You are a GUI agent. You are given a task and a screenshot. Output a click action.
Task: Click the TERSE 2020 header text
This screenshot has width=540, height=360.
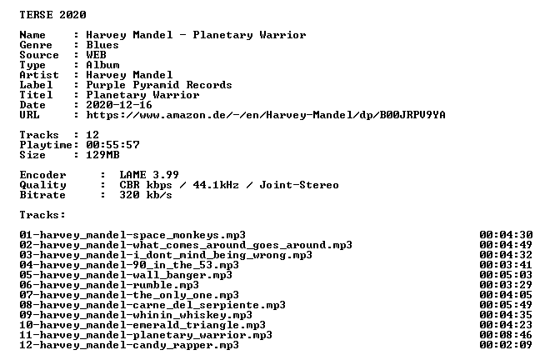coord(52,15)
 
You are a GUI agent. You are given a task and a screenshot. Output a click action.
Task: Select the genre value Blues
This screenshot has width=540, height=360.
coord(102,45)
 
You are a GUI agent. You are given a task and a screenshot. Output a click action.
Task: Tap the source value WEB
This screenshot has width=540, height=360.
coord(96,55)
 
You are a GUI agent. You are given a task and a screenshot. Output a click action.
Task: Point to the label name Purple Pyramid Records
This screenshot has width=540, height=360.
coord(159,85)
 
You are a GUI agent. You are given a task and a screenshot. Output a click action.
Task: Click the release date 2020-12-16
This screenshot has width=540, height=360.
coord(119,105)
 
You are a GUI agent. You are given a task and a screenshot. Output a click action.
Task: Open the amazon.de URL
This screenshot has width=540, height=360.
coord(266,115)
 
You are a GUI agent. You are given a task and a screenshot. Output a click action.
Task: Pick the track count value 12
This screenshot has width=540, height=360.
coord(92,135)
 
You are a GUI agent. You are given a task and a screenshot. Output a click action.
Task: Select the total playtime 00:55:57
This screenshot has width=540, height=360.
coord(112,145)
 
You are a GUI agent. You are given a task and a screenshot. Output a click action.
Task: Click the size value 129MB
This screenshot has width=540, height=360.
coord(102,155)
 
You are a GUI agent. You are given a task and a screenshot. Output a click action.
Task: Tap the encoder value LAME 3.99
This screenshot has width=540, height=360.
coord(149,175)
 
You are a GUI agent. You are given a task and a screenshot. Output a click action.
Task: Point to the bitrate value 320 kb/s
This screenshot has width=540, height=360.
coord(146,195)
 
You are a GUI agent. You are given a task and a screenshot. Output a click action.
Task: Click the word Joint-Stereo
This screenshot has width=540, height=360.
coord(299,185)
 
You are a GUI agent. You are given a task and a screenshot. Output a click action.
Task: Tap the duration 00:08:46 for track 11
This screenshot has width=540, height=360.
coord(506,335)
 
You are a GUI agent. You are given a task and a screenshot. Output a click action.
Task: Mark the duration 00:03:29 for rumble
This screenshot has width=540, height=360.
coord(506,285)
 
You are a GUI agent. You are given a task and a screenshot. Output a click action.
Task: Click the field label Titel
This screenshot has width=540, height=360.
coord(36,95)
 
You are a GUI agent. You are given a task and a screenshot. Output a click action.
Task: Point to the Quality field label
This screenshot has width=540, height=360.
coord(42,185)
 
